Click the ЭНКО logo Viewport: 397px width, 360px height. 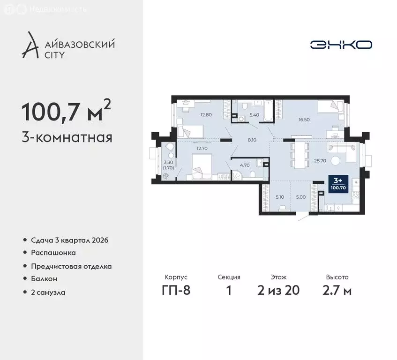click(x=341, y=45)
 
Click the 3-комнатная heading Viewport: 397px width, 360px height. click(x=67, y=138)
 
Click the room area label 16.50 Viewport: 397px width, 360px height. click(x=305, y=120)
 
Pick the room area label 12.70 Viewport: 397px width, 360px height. click(x=202, y=149)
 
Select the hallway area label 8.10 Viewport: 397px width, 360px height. click(x=251, y=139)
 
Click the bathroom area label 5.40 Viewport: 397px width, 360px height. click(x=254, y=114)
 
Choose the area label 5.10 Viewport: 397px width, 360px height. click(x=280, y=197)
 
